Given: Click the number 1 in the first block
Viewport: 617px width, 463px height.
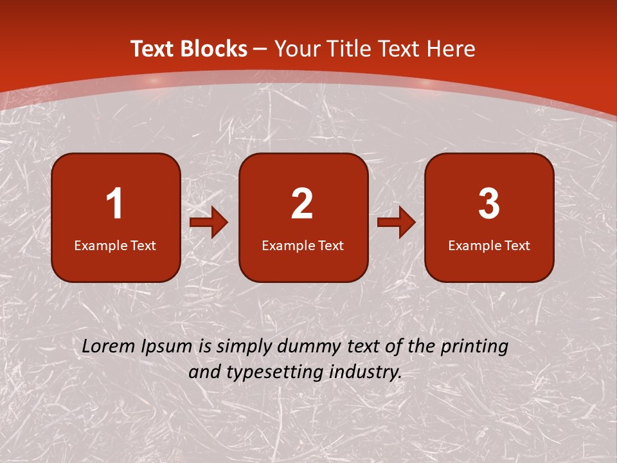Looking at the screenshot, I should pos(115,204).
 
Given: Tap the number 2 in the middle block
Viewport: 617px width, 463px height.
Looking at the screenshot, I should pos(302,204).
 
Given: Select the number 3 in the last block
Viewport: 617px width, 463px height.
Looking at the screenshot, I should pos(489,204).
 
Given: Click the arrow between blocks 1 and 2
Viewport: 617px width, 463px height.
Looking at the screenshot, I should pos(209,223).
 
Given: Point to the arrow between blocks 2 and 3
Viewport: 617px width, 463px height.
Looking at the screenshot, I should pos(397,223).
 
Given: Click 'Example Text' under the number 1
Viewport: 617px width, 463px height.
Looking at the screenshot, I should pos(115,245).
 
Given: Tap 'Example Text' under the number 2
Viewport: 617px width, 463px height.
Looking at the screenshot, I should pos(303,245).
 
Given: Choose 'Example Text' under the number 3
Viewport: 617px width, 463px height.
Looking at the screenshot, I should pos(489,245).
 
